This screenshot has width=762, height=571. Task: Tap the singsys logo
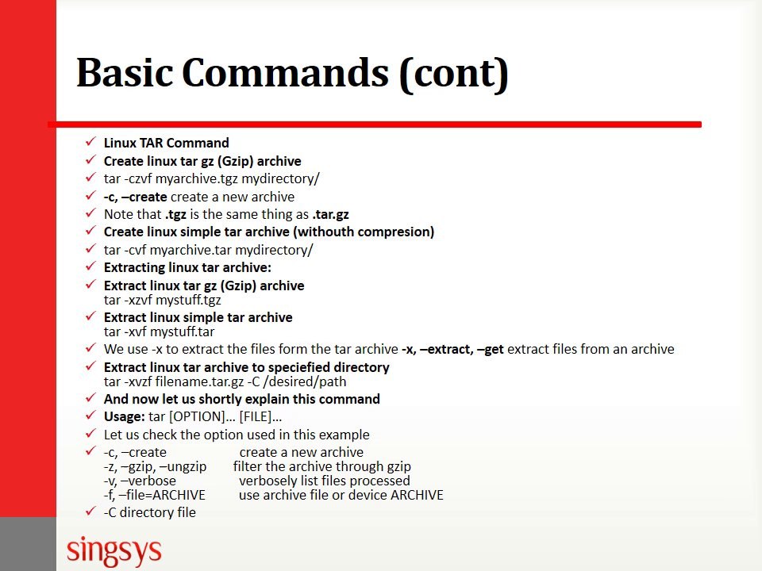tap(114, 549)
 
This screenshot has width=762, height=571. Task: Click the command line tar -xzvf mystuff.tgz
tap(163, 301)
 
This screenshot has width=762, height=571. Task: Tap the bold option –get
tap(490, 349)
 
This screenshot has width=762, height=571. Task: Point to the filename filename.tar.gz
tap(212, 381)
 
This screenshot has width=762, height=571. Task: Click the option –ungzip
tap(189, 466)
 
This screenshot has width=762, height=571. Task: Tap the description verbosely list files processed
tap(324, 481)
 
